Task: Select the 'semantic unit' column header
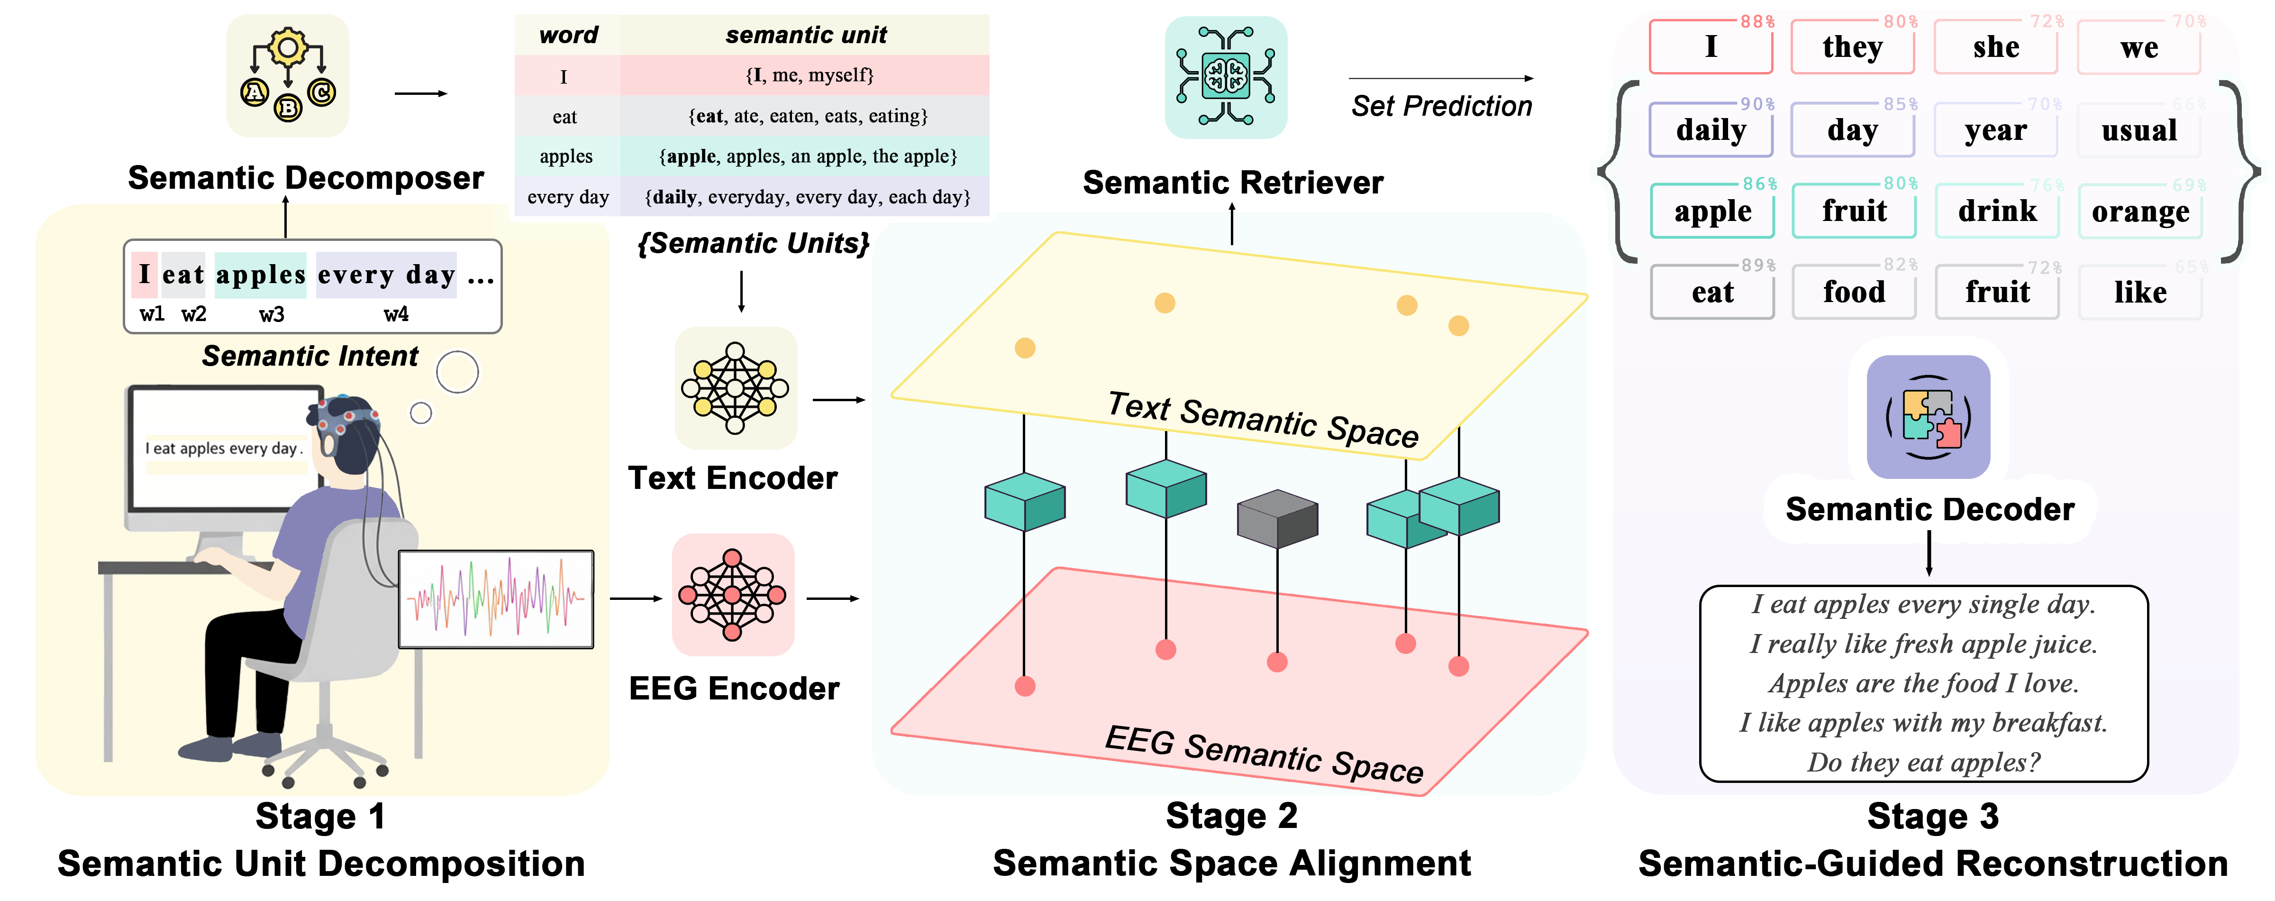click(805, 35)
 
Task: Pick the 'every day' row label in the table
click(568, 197)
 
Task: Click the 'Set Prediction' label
click(1441, 106)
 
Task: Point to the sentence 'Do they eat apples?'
click(1923, 762)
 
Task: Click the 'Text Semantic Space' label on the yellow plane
click(1263, 420)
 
